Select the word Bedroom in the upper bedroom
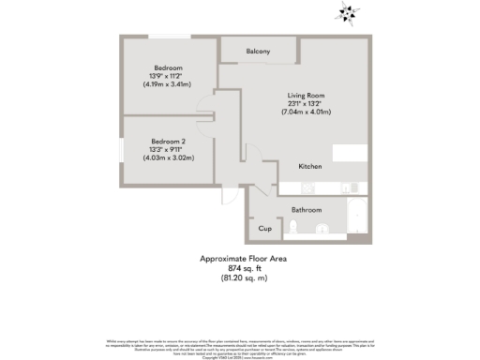[x=168, y=67]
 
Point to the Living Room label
[x=307, y=96]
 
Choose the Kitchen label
[x=310, y=166]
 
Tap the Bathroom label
[x=307, y=210]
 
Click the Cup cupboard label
[x=264, y=228]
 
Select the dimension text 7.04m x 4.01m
[x=307, y=112]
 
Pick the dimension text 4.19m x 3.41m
[x=168, y=84]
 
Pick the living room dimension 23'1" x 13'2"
[x=307, y=104]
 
